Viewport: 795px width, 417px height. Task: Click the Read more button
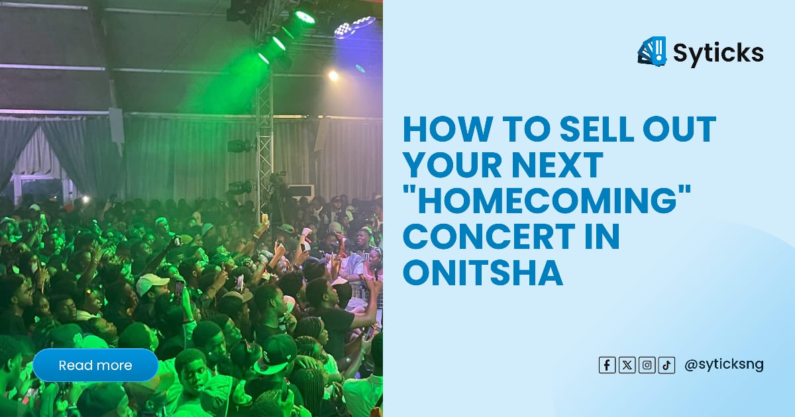tap(95, 365)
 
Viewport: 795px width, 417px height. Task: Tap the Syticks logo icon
tap(652, 52)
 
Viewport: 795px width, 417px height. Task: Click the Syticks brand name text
tap(718, 52)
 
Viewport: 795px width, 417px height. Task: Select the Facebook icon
tap(607, 365)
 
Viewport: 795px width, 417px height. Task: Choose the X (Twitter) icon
tap(627, 365)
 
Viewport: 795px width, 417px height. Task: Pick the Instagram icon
tap(647, 365)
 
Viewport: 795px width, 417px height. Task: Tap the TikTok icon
tap(666, 365)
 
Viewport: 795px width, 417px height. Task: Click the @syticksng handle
tap(723, 365)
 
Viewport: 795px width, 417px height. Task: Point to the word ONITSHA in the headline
tap(483, 273)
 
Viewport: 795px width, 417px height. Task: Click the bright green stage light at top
tap(305, 17)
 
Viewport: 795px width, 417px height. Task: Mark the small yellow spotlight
tap(333, 75)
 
